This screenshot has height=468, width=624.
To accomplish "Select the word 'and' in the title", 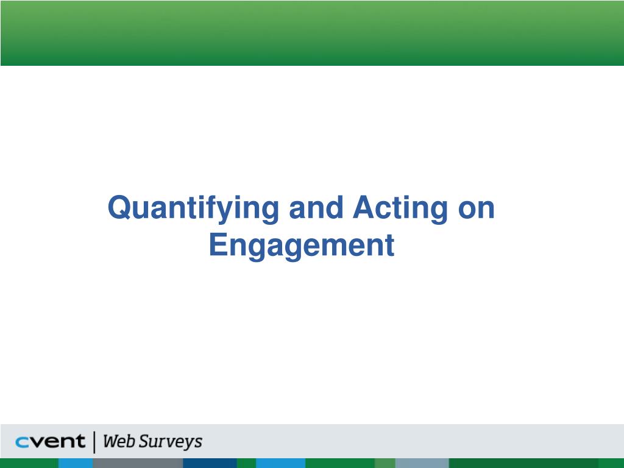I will pos(316,208).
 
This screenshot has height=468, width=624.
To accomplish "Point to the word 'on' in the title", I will pos(475,208).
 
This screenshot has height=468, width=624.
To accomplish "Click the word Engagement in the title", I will pos(302,246).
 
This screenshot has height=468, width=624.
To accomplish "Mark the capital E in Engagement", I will pos(218,244).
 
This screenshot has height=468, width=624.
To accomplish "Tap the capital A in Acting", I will pos(363,208).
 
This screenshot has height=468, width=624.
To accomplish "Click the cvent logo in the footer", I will pos(50,442).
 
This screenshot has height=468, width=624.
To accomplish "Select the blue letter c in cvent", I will pos(22,442).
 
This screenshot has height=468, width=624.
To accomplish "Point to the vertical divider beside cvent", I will pos(94,442).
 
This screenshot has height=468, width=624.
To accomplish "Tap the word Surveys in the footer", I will pos(171,442).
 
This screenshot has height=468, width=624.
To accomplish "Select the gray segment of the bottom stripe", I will pos(138,463).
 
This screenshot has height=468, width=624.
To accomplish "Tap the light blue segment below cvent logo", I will pos(76,463).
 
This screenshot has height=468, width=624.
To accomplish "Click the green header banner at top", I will pos(312,32).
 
